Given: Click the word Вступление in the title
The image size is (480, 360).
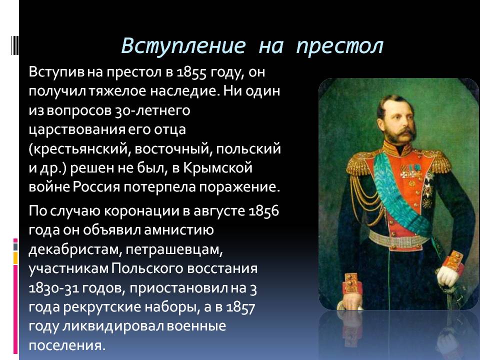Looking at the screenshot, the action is [183, 46].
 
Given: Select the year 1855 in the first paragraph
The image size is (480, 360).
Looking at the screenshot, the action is [191, 72].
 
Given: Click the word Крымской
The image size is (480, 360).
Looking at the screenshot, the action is [217, 168].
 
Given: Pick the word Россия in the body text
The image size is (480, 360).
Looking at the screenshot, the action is [96, 187].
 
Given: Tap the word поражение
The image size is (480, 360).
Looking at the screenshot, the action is [239, 187].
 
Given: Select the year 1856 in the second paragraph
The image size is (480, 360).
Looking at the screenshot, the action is [264, 211].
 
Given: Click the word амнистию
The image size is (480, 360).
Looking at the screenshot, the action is [179, 230].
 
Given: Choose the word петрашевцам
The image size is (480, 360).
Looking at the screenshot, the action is [174, 250].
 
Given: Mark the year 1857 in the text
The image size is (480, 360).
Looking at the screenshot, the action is [240, 307].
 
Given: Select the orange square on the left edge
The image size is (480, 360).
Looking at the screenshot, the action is [15, 258].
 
